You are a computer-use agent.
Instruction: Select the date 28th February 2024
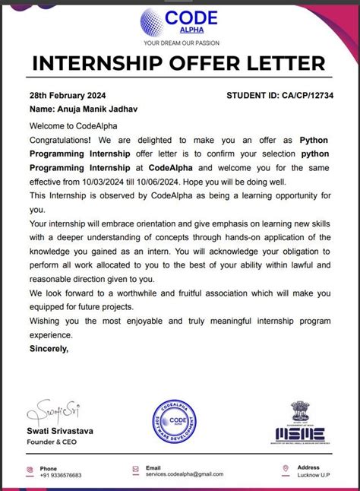coord(68,96)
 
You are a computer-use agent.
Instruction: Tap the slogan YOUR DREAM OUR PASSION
coord(179,43)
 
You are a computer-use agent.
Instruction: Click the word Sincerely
coord(49,349)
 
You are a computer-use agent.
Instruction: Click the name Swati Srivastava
coord(60,431)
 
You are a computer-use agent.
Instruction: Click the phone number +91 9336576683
coord(61,475)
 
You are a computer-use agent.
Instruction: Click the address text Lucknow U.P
coord(313,474)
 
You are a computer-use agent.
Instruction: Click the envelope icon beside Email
coord(134,470)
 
